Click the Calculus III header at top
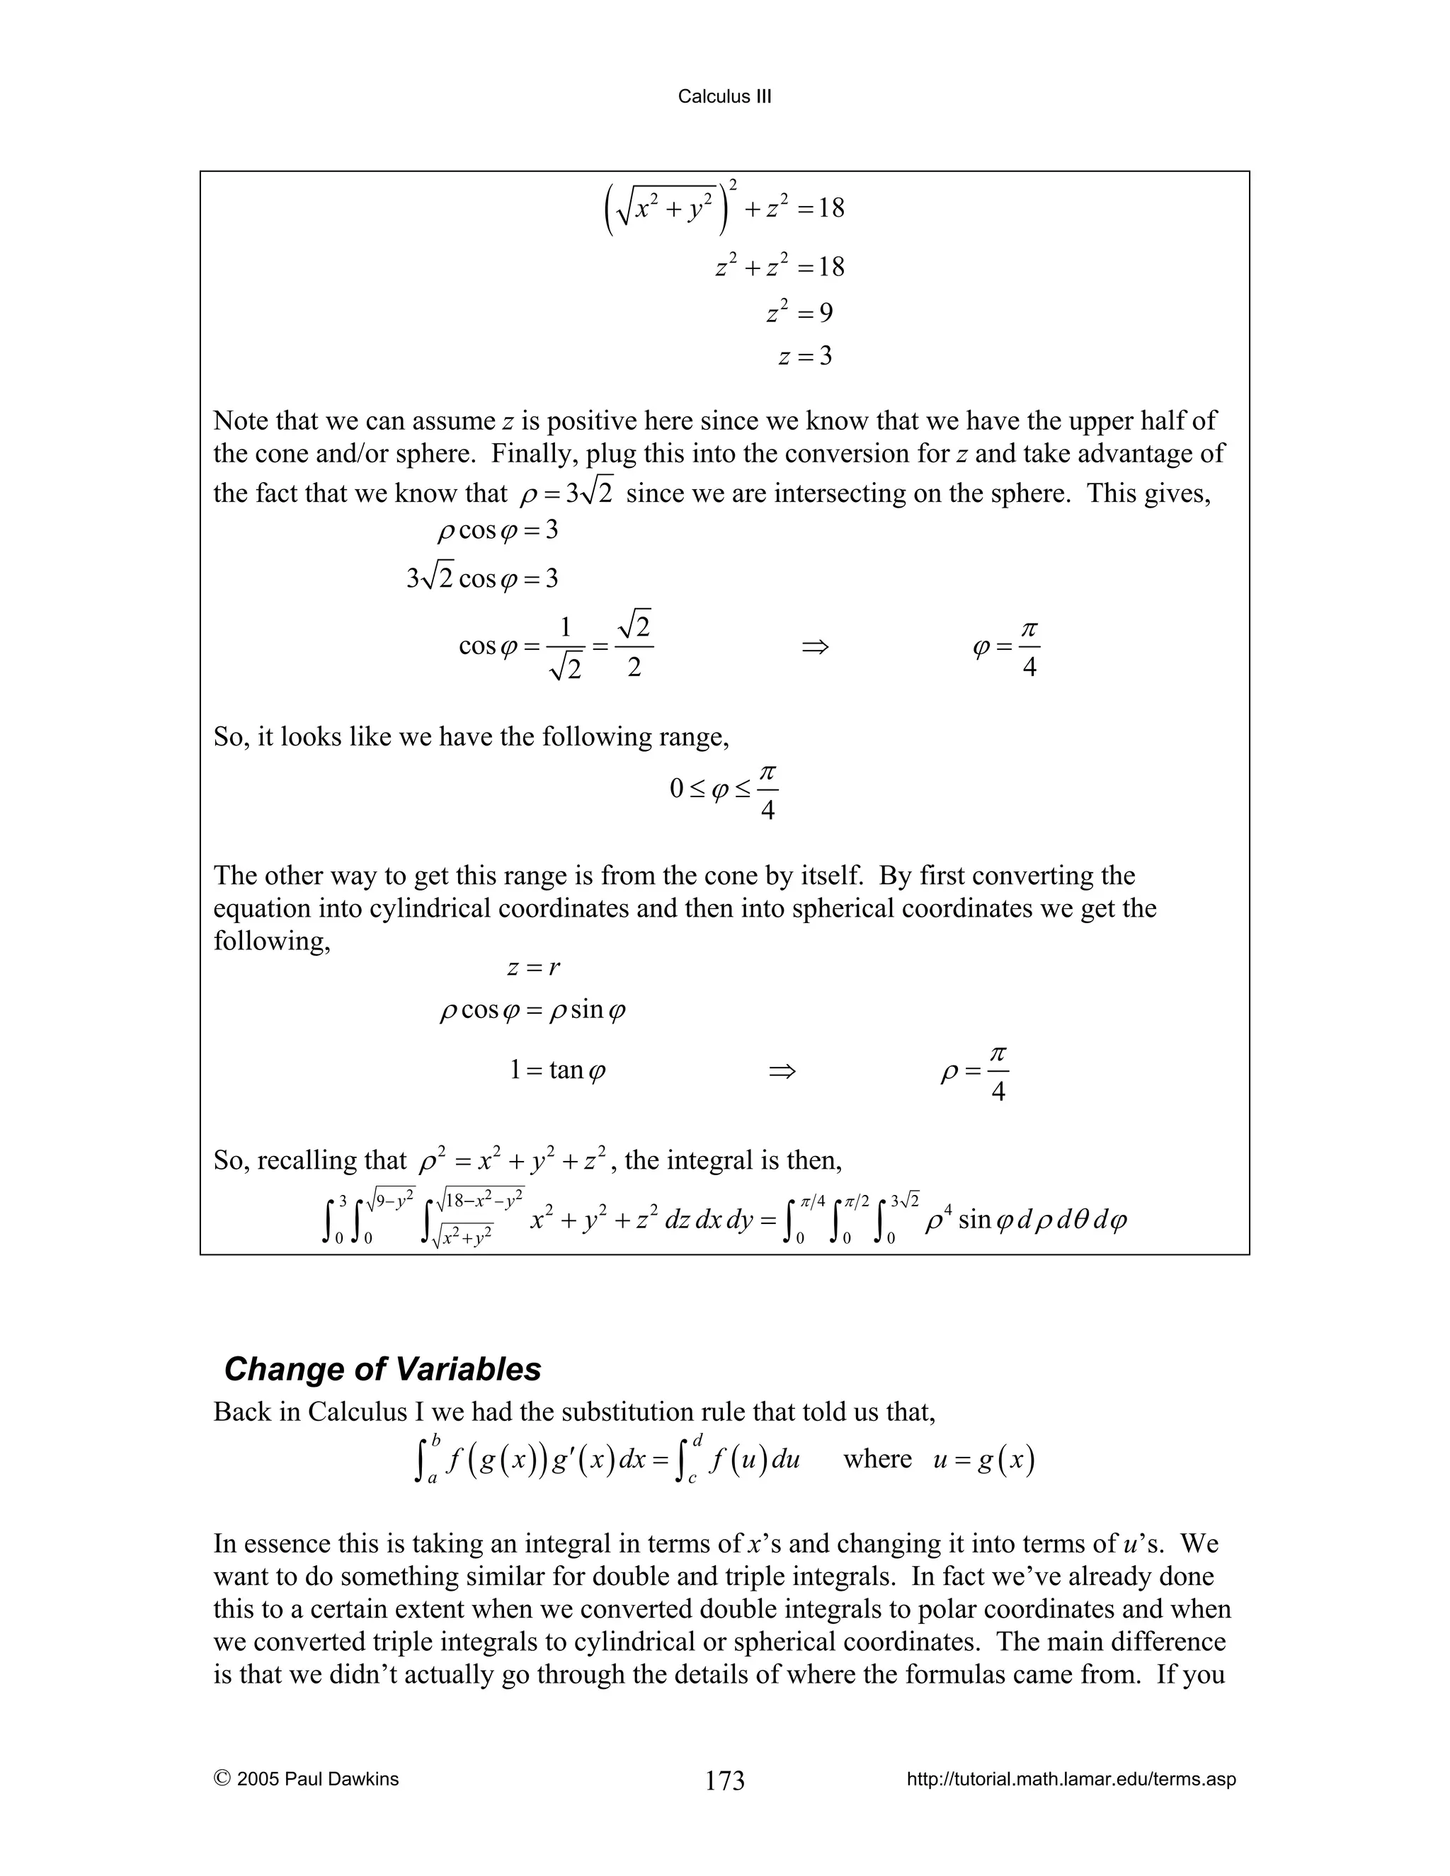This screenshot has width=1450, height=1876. tap(724, 96)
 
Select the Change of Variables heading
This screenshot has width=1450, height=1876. tap(382, 1368)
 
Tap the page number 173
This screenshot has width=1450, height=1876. tap(724, 1780)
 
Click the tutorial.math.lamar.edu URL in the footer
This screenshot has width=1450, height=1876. tap(1071, 1779)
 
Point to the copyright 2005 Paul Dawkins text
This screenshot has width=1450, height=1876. tap(307, 1779)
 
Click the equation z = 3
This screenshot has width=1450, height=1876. tap(805, 355)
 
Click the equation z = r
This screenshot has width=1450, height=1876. tap(532, 968)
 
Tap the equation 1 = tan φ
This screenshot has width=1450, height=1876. tap(557, 1070)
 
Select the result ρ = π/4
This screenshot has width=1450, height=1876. tap(975, 1072)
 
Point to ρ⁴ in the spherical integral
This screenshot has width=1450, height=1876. tap(937, 1220)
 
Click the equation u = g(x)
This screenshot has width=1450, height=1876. tap(983, 1460)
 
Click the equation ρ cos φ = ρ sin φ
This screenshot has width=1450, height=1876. tap(532, 1010)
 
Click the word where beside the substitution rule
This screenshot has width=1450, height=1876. tap(877, 1460)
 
